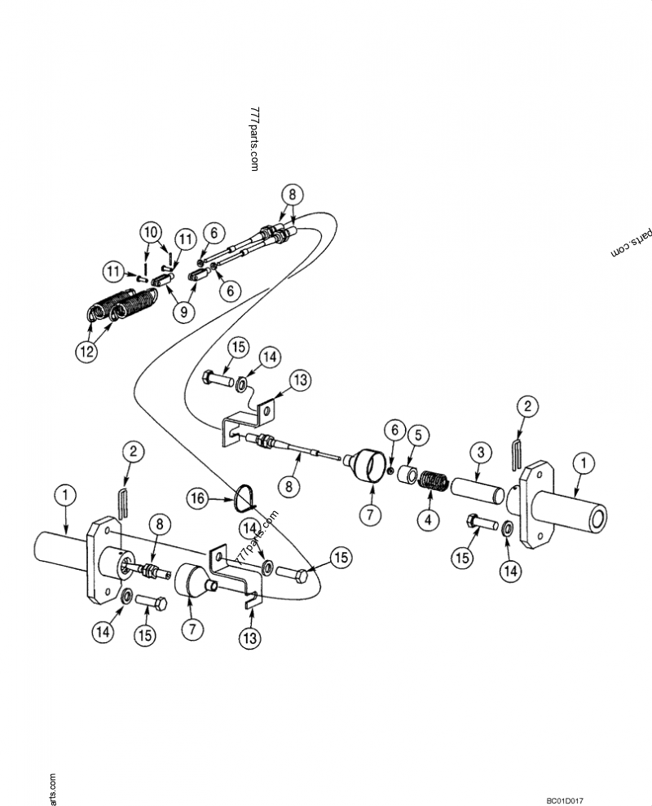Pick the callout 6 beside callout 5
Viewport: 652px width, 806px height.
click(x=394, y=428)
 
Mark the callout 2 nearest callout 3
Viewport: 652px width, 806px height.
click(x=528, y=405)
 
